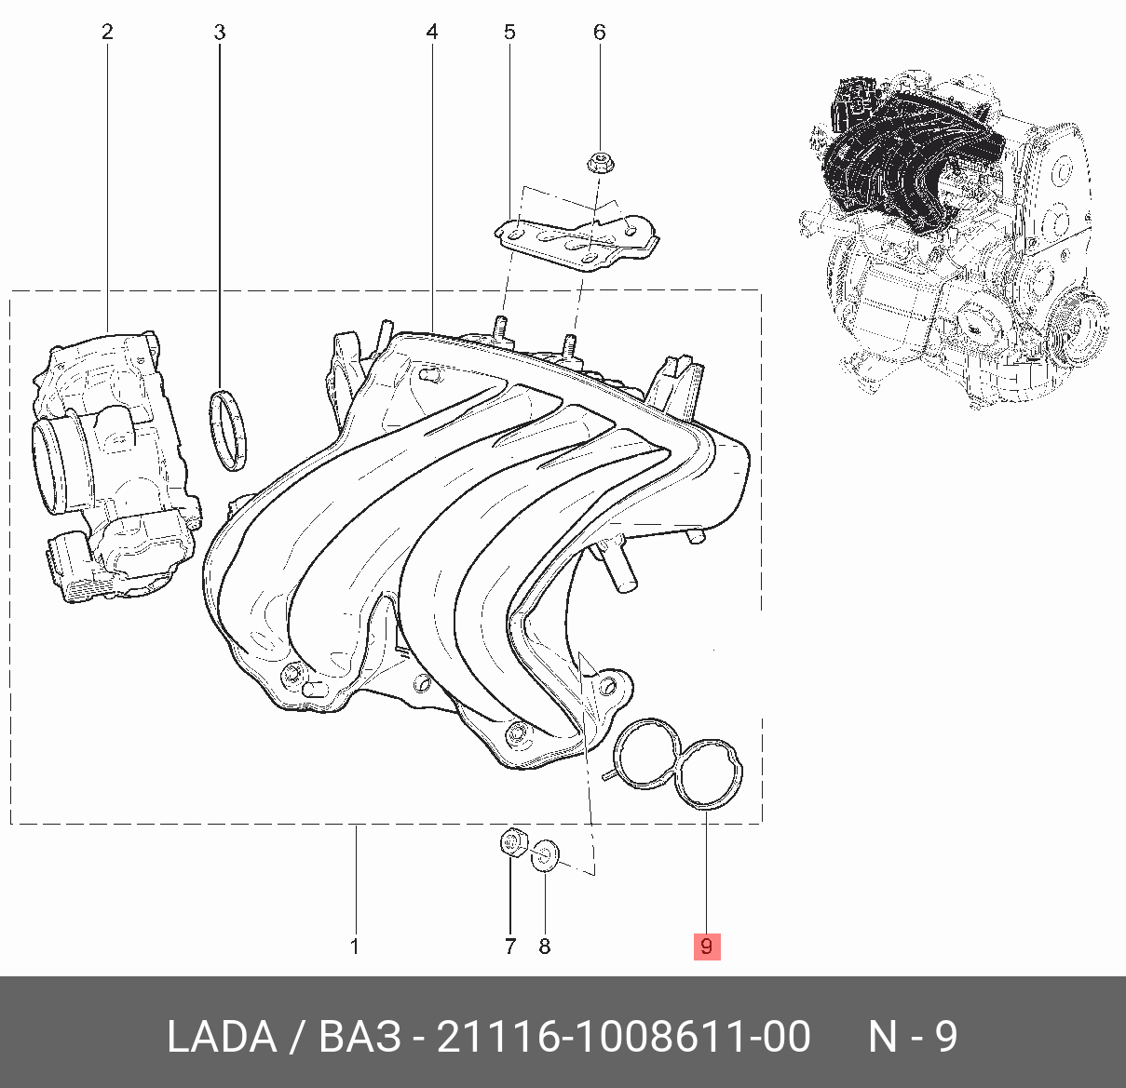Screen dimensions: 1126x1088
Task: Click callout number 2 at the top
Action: coord(107,32)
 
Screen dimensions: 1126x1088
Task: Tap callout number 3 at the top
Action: coord(219,32)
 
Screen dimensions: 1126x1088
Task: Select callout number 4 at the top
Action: coord(432,32)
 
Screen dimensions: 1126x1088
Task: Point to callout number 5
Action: coord(509,32)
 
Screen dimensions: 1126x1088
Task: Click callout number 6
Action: coord(600,32)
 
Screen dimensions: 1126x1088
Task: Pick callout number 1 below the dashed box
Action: coord(355,947)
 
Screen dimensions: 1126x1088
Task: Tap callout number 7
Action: coord(509,947)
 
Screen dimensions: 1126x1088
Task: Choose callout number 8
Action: coord(545,947)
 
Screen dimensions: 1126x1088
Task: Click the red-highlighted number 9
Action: coord(707,947)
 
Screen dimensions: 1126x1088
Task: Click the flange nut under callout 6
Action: coord(600,163)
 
